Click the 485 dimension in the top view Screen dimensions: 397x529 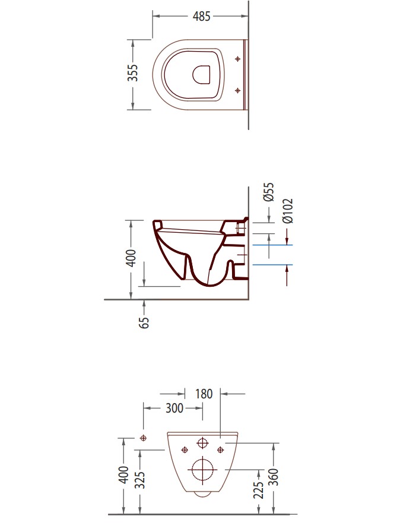[201, 16]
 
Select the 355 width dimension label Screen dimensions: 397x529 [133, 72]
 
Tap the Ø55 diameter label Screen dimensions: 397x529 [269, 192]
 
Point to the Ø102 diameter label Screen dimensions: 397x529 [288, 211]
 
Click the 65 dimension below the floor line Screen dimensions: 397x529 [144, 322]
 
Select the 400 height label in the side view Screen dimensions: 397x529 [131, 258]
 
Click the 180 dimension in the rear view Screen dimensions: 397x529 [204, 394]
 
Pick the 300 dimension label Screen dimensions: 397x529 [174, 408]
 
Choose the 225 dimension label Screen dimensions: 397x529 [258, 490]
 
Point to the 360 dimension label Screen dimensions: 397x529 [274, 477]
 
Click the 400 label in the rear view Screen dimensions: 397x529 [124, 474]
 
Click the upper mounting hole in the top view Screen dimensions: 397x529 [238, 59]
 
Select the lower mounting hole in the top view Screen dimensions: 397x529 [238, 90]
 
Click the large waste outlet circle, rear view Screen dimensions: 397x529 [204, 469]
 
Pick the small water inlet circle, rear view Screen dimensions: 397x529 [202, 443]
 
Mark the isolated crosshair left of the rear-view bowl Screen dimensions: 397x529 [144, 438]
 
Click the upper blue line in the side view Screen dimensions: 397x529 [272, 245]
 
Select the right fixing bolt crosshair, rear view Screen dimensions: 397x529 [220, 449]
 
